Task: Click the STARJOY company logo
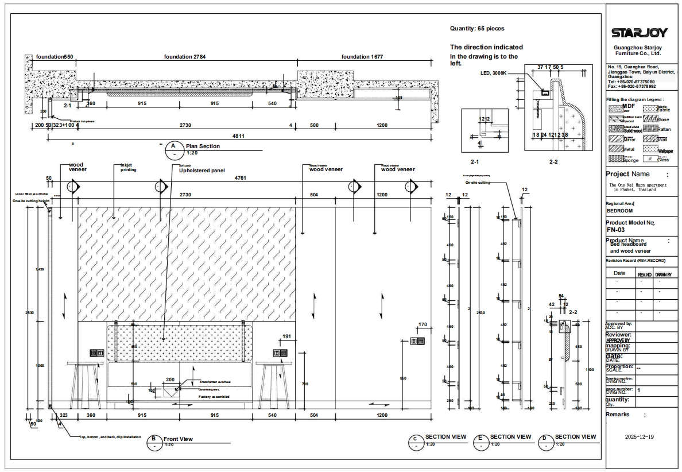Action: tap(639, 33)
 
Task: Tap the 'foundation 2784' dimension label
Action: tap(184, 57)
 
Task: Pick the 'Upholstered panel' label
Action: tap(201, 171)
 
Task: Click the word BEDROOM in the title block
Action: tap(619, 211)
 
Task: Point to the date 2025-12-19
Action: tap(639, 437)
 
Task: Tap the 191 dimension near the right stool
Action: tap(287, 336)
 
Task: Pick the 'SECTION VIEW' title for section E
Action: tap(510, 437)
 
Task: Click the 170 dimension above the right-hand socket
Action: tap(423, 326)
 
